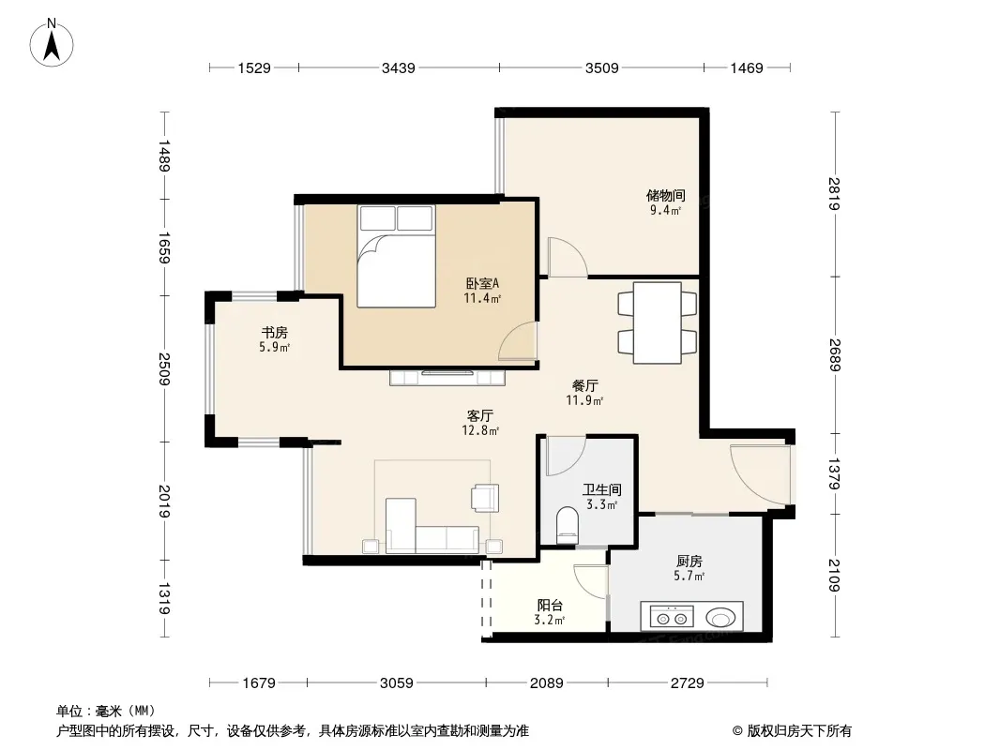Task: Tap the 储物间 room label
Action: pos(665,195)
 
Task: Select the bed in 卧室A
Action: pos(397,256)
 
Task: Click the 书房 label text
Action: pos(274,332)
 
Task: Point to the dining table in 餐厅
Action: pos(657,323)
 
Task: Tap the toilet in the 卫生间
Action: pos(567,525)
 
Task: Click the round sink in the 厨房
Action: pos(720,617)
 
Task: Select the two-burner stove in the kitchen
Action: pos(672,617)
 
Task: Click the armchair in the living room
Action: pos(485,498)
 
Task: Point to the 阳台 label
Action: pos(550,606)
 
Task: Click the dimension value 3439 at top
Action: pos(399,67)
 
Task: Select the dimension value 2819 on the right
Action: pos(834,194)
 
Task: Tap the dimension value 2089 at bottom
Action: pos(547,683)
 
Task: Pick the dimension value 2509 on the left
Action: pos(164,369)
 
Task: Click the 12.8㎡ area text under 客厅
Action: pos(480,430)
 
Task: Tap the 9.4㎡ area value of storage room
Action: pos(665,210)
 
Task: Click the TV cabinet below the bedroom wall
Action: pos(447,377)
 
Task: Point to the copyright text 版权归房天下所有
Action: pos(799,731)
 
